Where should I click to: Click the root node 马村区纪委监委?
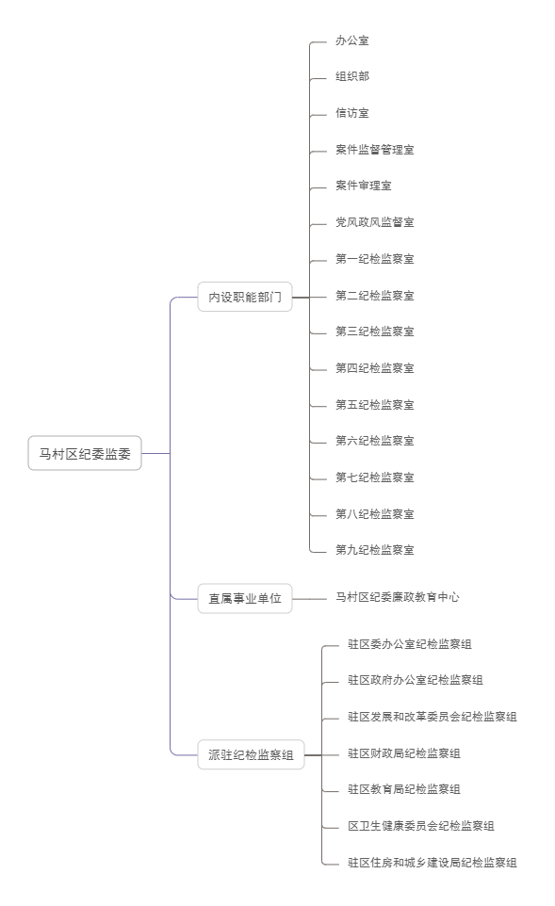[85, 454]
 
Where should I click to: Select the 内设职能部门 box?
[245, 297]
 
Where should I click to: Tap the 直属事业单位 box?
[245, 599]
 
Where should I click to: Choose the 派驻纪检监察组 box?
[251, 754]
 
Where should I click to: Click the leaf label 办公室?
[352, 40]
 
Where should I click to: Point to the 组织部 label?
[352, 76]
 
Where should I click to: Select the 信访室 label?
[352, 113]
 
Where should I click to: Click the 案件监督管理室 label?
[375, 150]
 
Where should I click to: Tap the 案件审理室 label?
[364, 186]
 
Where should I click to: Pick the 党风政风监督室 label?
[375, 222]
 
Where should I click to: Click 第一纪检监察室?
[375, 259]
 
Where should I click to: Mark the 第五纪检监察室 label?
[375, 404]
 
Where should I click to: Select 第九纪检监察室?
[375, 549]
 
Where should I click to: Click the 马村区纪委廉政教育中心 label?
[398, 597]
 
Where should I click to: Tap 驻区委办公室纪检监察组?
[409, 643]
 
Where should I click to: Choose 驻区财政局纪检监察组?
[403, 752]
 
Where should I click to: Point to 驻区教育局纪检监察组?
[403, 788]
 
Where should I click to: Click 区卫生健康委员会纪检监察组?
[421, 826]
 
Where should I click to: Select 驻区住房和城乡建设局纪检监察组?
[432, 862]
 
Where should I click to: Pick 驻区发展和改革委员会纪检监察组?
[432, 717]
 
